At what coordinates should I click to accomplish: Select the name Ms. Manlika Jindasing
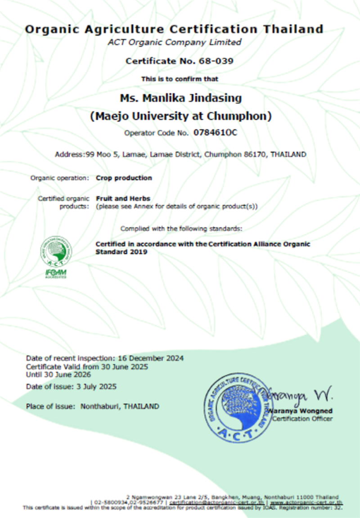coord(180,98)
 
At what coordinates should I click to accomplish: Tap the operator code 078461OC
coord(215,133)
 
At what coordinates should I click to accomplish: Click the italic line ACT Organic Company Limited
coord(174,43)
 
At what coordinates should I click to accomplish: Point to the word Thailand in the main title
coord(293,29)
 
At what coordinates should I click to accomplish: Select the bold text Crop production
coord(124,178)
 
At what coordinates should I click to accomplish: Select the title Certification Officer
coord(302,419)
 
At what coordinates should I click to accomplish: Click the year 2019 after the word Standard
coord(139,252)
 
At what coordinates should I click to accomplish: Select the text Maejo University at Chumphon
coord(180,116)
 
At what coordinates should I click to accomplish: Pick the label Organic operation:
coord(59,178)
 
